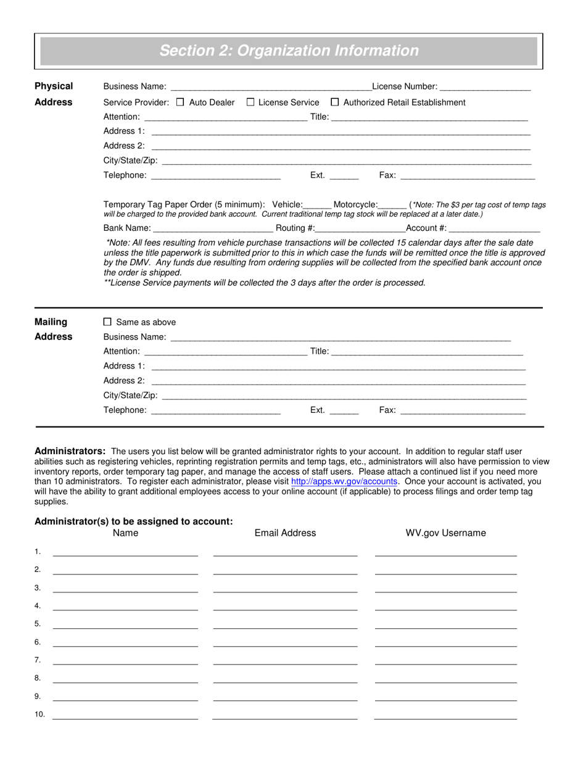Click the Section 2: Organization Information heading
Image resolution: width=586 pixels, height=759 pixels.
coord(289,51)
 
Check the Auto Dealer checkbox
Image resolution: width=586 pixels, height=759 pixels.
coord(180,102)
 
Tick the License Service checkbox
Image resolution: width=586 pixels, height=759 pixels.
coord(250,102)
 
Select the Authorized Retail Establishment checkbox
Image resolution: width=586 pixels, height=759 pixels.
coord(335,102)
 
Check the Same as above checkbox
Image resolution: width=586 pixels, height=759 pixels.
coord(107,322)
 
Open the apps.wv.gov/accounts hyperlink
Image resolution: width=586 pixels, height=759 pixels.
coord(344,481)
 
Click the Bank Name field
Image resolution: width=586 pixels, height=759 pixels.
coord(216,228)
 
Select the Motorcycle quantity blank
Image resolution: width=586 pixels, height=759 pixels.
coord(392,205)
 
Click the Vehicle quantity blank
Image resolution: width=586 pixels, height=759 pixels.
coord(318,205)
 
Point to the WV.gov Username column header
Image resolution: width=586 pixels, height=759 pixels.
coord(445,533)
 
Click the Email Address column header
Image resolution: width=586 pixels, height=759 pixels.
coord(285,533)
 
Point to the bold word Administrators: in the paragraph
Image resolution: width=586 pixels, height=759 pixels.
coord(70,451)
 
